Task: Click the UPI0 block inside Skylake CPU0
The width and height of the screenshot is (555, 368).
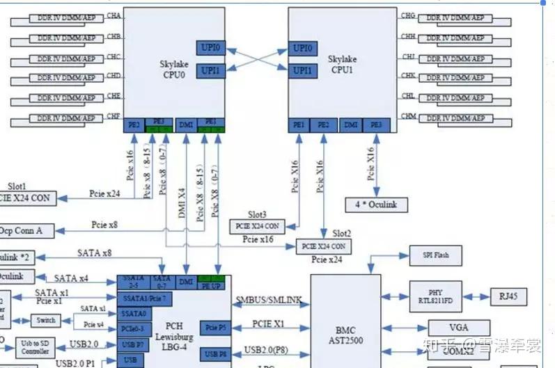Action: coord(210,48)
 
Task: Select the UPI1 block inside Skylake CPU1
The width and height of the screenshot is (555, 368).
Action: coord(303,70)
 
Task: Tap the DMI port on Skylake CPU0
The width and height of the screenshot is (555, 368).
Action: coord(186,125)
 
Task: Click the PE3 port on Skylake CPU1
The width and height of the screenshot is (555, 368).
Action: coord(376,125)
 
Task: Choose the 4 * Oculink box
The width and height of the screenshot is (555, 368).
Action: coord(376,205)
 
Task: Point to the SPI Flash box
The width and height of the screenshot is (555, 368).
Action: coord(435,255)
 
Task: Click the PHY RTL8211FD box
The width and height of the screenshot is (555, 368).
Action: coord(436,296)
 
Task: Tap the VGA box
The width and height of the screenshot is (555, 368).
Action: coord(458,327)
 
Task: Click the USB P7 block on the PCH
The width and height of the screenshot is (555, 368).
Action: coord(132,343)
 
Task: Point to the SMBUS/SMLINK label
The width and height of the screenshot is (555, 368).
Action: coord(269,301)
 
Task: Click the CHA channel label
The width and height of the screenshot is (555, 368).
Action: coord(114,15)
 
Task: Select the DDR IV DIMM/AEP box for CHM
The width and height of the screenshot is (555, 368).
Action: coord(456,118)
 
